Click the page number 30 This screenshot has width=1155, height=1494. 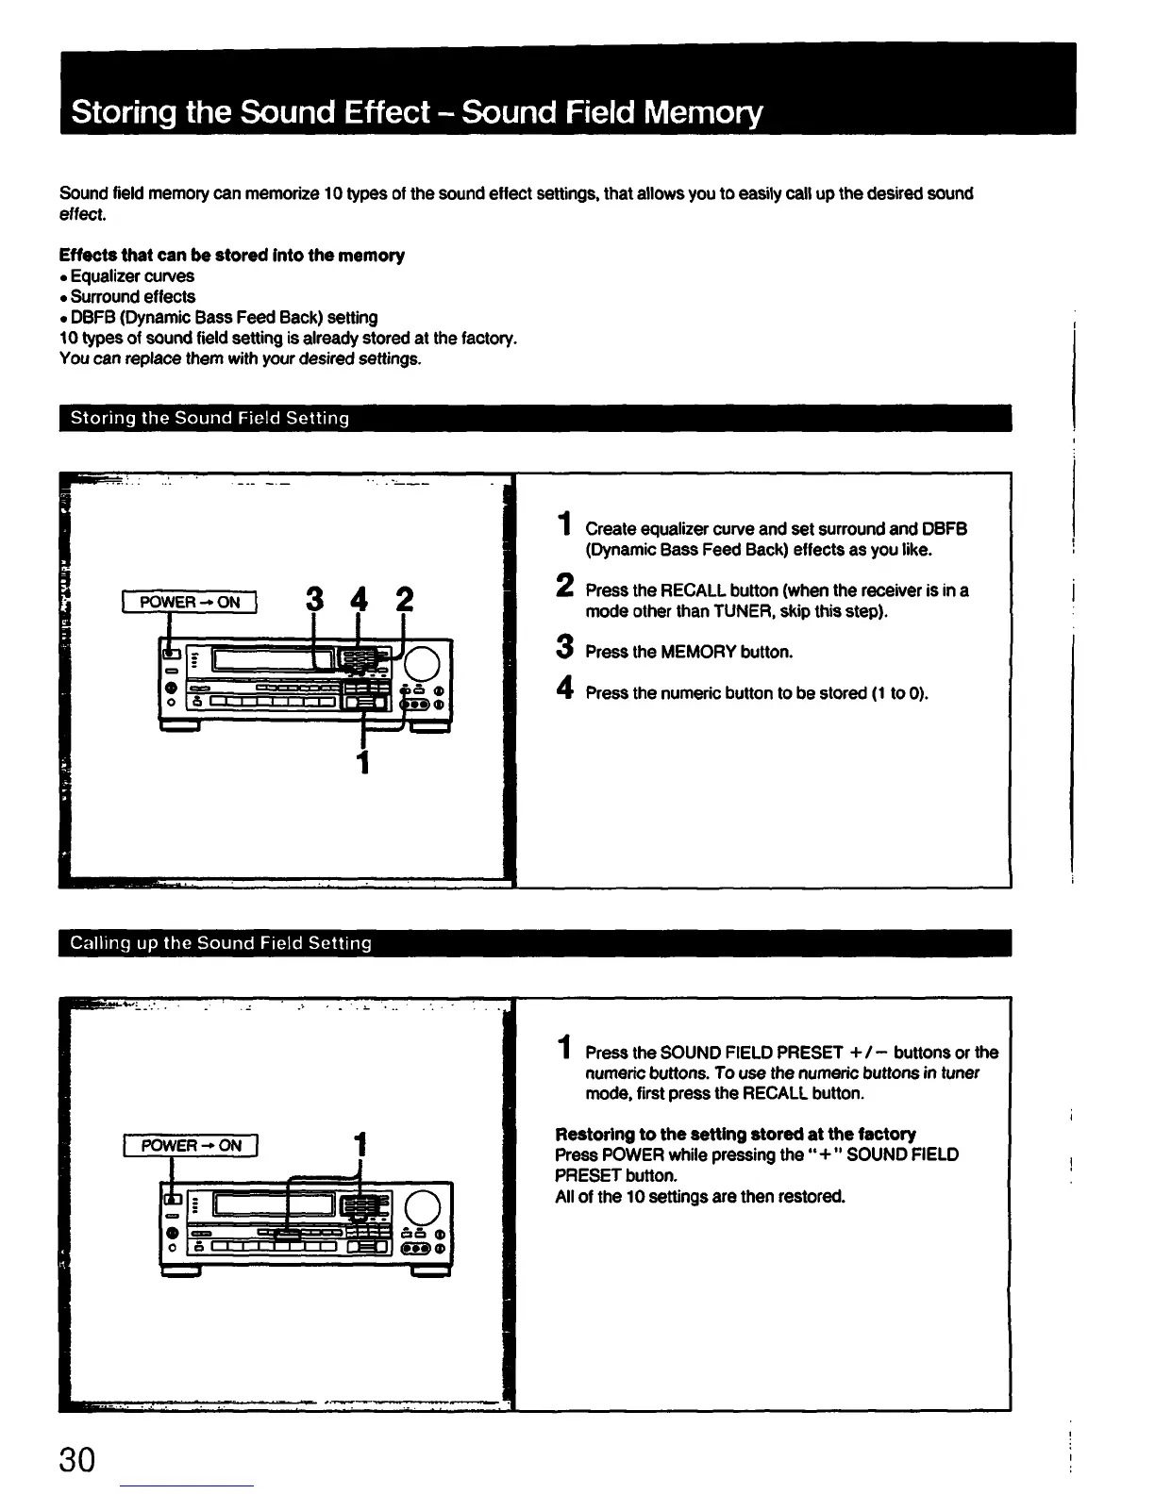(x=77, y=1459)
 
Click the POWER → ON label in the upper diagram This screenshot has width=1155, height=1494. (x=190, y=602)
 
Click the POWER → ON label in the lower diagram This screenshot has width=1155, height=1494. (x=191, y=1145)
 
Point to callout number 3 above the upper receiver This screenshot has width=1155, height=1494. (x=315, y=599)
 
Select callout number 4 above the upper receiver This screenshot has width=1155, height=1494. (x=359, y=599)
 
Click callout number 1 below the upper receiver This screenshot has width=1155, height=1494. (x=361, y=760)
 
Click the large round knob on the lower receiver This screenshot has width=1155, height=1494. (x=424, y=1207)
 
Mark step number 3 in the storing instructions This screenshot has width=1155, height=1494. (x=564, y=649)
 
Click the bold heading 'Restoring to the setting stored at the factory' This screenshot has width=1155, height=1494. (x=735, y=1134)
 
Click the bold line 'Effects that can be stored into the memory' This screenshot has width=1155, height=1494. (x=231, y=256)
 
